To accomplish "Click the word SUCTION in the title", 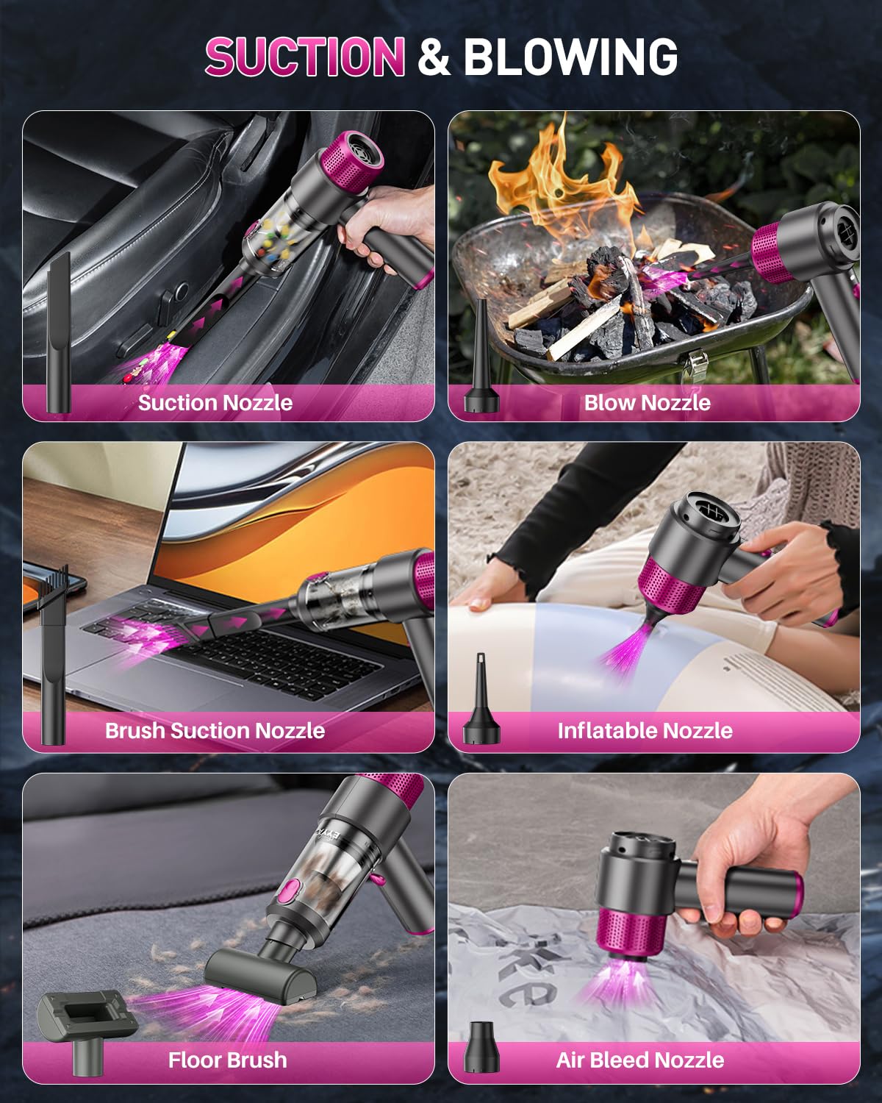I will coord(304,57).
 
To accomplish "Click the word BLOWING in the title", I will coord(570,57).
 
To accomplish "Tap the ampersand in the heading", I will coord(434,57).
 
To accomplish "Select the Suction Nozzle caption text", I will coord(215,402).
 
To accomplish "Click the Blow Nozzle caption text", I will coord(647,402).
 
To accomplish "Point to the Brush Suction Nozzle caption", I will coord(215,730).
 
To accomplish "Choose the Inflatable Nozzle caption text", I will coord(645,730).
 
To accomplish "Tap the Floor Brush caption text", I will coord(227,1060).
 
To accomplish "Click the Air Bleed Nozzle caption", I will coord(639,1060).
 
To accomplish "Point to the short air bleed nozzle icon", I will coord(481,1047).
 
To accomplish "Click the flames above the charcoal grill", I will coord(559,184).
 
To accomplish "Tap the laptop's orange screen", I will coord(294,515).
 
